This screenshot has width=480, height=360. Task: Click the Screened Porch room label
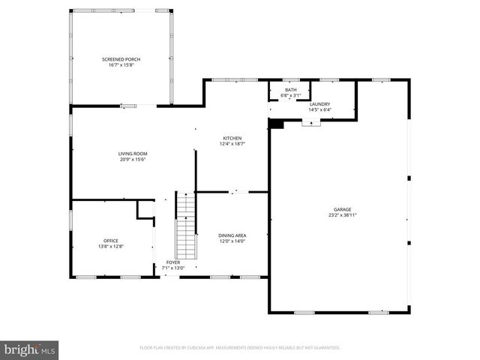pyautogui.click(x=121, y=59)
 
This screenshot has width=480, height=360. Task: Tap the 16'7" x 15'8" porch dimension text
pyautogui.click(x=121, y=64)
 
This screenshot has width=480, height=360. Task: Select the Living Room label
pyautogui.click(x=132, y=154)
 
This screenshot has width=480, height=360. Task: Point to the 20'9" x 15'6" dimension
pyautogui.click(x=132, y=159)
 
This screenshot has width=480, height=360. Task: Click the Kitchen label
pyautogui.click(x=232, y=138)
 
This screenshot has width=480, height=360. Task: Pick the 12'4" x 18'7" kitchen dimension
pyautogui.click(x=232, y=143)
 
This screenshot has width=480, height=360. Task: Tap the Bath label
pyautogui.click(x=290, y=90)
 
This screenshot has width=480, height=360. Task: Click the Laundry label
pyautogui.click(x=320, y=104)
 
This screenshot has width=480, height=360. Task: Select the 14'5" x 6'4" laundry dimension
pyautogui.click(x=320, y=109)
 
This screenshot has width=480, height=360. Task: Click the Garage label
pyautogui.click(x=342, y=209)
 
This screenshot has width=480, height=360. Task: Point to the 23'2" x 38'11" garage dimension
pyautogui.click(x=342, y=214)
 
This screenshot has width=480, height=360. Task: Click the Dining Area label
pyautogui.click(x=232, y=235)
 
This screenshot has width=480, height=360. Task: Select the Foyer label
pyautogui.click(x=172, y=262)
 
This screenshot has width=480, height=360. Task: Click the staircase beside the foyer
pyautogui.click(x=185, y=225)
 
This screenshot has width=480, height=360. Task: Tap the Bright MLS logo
pyautogui.click(x=30, y=349)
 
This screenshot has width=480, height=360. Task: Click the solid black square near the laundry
pyautogui.click(x=276, y=124)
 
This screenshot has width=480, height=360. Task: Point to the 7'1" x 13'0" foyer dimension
pyautogui.click(x=172, y=268)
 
